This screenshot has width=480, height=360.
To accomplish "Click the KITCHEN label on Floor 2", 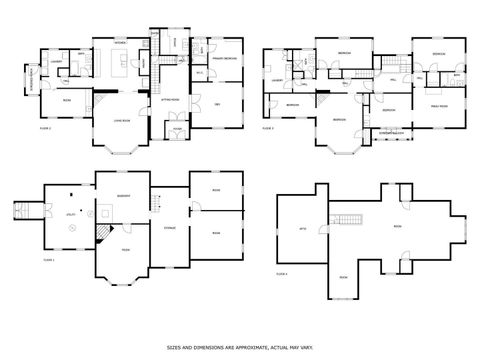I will tap(120, 43).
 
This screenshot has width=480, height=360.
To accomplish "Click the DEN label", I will tap(217, 104).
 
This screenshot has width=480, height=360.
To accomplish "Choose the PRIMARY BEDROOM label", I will tap(223, 59).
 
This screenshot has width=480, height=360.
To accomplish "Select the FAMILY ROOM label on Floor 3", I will tap(439, 105).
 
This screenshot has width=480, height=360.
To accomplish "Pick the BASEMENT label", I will tap(124, 195).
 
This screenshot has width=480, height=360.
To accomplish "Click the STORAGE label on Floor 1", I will tap(169, 229).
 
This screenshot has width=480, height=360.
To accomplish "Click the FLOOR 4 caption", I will tap(282, 273).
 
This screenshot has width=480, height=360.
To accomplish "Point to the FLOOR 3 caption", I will tap(268, 129).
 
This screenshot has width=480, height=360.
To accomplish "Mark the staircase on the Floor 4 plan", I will tap(347, 219).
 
